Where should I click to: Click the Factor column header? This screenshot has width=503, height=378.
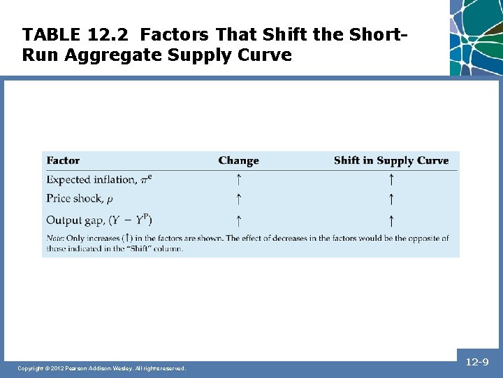63,160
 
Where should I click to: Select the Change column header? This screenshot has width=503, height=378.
238,160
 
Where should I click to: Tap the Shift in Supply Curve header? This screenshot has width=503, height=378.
391,160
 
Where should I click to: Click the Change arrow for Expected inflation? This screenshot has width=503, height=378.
238,180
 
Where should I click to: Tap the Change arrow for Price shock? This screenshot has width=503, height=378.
238,199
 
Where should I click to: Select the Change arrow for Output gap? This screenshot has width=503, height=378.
238,220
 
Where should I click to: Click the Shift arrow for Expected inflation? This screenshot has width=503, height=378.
391,180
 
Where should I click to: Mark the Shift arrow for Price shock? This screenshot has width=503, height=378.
391,199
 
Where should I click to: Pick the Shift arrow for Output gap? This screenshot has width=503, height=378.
391,220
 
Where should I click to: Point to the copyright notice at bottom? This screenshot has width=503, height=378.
102,368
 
